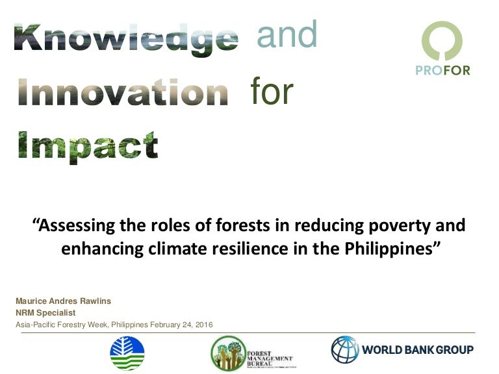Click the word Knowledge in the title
pyautogui.click(x=125, y=37)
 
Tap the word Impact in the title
pyautogui.click(x=87, y=146)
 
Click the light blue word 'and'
pyautogui.click(x=287, y=34)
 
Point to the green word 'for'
pyautogui.click(x=272, y=92)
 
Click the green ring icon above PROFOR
pyautogui.click(x=442, y=41)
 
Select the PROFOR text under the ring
pyautogui.click(x=442, y=70)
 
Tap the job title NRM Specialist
pyautogui.click(x=45, y=312)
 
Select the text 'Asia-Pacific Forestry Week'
pyautogui.click(x=62, y=324)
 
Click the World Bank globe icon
pyautogui.click(x=345, y=349)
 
